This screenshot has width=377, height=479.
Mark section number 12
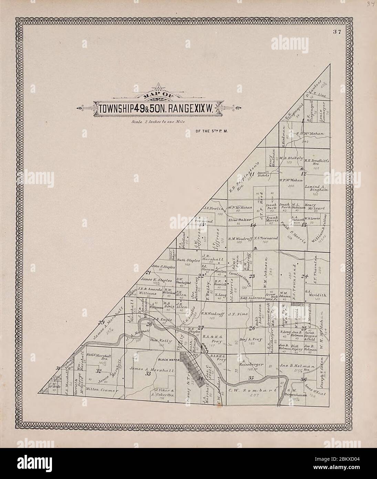303,174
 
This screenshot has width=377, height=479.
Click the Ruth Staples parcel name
188,261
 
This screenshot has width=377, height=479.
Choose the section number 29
101,323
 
